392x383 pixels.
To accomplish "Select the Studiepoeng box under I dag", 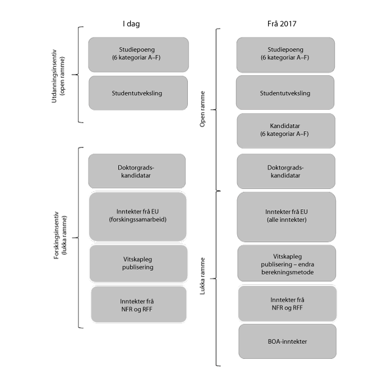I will pos(138,54).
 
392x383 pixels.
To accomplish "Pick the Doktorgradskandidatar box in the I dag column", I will pos(137,171).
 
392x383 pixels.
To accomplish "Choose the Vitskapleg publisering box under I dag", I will pos(137,263).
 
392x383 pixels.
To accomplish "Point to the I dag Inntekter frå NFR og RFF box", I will pos(137,304).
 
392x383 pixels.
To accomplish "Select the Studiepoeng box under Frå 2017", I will pos(285,54).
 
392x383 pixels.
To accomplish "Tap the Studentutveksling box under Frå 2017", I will pos(285,93).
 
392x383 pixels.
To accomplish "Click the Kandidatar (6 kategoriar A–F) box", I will pos(285,131).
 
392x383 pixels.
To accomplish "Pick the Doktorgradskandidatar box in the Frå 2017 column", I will pos(285,171).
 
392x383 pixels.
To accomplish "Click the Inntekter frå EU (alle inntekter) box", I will pos(285,216).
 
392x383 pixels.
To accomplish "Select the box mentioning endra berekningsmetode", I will pos(286,263).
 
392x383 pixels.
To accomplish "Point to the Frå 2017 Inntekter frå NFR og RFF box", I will pos(287,303).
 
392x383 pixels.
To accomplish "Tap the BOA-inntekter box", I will pos(287,340).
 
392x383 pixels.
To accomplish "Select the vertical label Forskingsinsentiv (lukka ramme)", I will pos(62,237).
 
